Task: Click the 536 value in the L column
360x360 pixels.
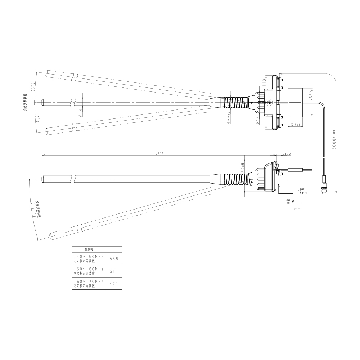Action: pos(113,259)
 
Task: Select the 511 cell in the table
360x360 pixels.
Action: pos(113,271)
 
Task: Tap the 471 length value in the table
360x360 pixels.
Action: pos(113,284)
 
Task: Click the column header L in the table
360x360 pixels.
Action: pos(113,249)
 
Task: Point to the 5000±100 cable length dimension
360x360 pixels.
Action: pos(334,140)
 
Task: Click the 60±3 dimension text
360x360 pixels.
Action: pos(310,96)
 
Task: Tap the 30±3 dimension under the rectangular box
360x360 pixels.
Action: pos(296,125)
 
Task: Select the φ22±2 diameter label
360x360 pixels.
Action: pos(229,117)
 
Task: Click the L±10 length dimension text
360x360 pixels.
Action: pos(159,153)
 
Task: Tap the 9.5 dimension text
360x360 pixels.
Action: pos(288,153)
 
